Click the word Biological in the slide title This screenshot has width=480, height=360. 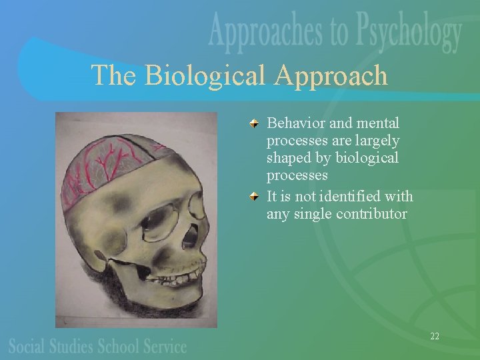(x=206, y=75)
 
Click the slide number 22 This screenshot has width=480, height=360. (x=435, y=336)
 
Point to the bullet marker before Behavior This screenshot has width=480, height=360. (x=255, y=124)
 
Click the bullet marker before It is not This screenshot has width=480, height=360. (x=255, y=198)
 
